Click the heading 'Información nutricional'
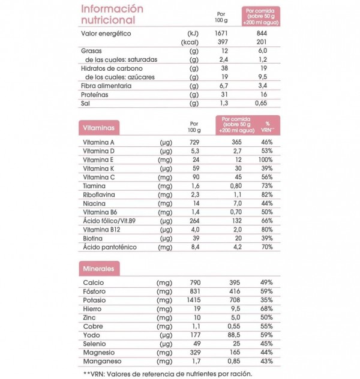[112, 14]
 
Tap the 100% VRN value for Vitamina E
[267, 160]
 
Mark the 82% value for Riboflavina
[267, 194]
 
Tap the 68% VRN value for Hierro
[267, 308]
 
